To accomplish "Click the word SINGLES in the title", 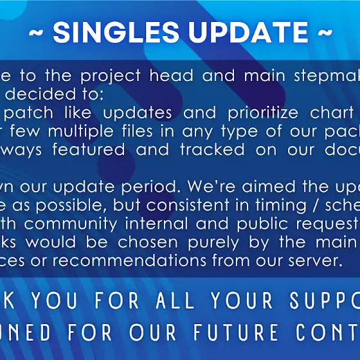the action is (116, 32).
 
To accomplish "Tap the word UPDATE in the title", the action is (248, 32).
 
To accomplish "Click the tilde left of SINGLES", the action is (36, 33).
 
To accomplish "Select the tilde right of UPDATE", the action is (325, 33).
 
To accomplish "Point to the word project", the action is (110, 76).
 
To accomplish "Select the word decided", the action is (40, 93).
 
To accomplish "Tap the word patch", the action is (28, 113).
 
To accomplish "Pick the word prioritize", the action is (263, 113).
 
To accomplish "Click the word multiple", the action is (80, 132).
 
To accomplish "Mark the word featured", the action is (89, 149).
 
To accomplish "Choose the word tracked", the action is (212, 149).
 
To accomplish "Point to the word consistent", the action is (188, 205).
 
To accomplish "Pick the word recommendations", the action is (129, 260).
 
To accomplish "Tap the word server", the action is (316, 261).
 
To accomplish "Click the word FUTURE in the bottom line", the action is (236, 332).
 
